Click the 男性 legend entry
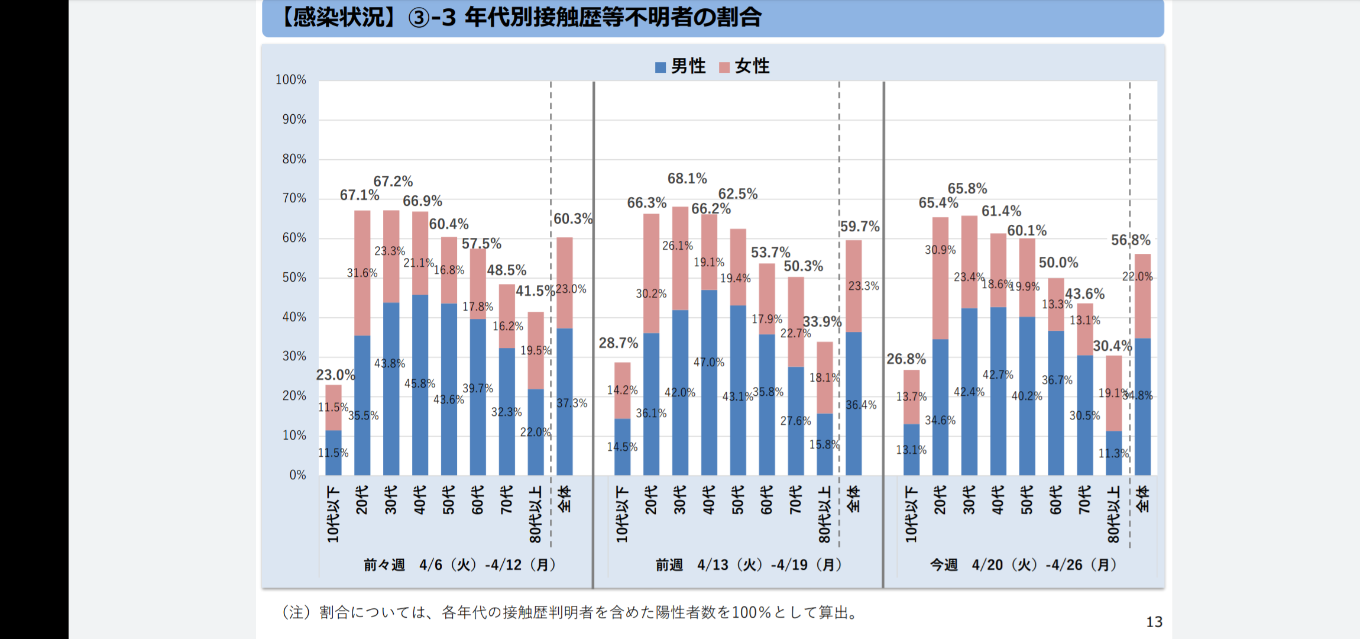(681, 66)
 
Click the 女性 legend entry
(744, 66)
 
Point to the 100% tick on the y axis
(291, 80)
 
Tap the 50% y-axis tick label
(294, 277)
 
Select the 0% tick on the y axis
(297, 475)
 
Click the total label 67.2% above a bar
(393, 182)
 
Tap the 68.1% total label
(687, 179)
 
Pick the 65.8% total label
(967, 189)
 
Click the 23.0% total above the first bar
(335, 375)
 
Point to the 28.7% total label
(618, 343)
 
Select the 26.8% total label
(906, 359)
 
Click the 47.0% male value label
(709, 362)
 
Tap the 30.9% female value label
(940, 250)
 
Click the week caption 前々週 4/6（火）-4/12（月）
(459, 565)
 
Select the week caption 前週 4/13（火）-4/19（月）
(748, 565)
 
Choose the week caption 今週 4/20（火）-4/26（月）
(1023, 565)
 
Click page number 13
(1154, 622)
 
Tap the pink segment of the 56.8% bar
(1142, 296)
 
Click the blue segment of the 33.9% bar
(824, 444)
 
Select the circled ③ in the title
(419, 18)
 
